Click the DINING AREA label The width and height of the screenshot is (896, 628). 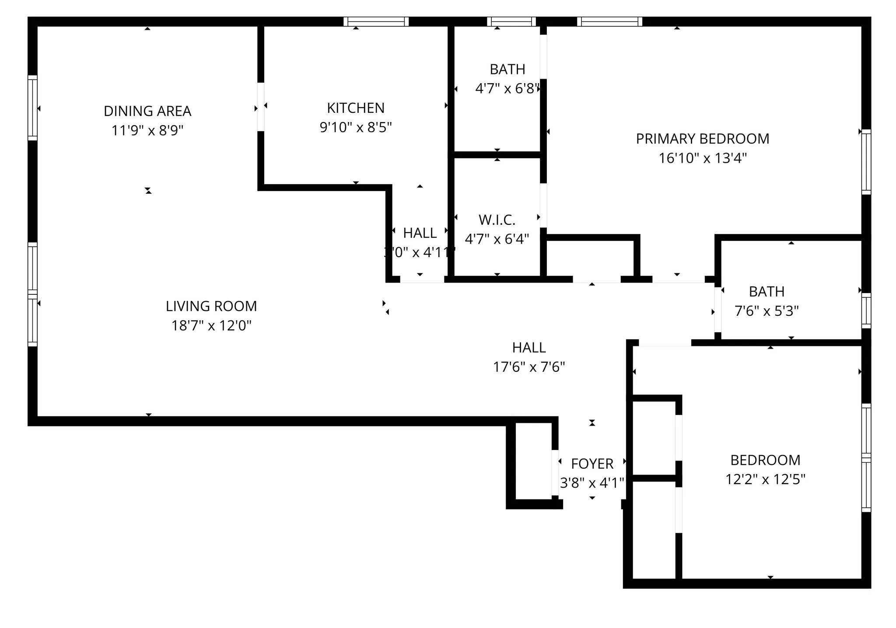point(147,111)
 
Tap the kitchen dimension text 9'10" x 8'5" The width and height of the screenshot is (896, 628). point(355,127)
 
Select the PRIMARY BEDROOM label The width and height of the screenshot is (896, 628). point(702,139)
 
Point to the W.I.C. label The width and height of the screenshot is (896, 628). point(497,220)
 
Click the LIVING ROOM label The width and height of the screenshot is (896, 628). point(211,306)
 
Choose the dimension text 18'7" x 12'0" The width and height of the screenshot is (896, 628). point(211,325)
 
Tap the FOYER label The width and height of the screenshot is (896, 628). point(592,464)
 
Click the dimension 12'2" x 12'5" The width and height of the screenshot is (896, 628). point(765,479)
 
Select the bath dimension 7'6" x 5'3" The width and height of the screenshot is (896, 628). point(766,311)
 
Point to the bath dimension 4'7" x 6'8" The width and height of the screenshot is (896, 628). point(507,88)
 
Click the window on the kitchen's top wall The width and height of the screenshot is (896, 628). point(376,21)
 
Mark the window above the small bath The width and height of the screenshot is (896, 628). point(511,21)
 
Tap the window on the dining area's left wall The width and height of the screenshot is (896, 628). point(32,108)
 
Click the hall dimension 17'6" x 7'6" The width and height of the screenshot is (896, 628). point(528,366)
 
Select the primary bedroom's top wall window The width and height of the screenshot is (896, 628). point(609,21)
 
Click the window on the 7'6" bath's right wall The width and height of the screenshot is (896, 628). point(866,310)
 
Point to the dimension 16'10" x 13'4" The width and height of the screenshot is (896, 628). point(702,158)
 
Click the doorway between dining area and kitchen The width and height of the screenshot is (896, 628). point(261,107)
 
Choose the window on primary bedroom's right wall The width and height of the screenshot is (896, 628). point(866,162)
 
